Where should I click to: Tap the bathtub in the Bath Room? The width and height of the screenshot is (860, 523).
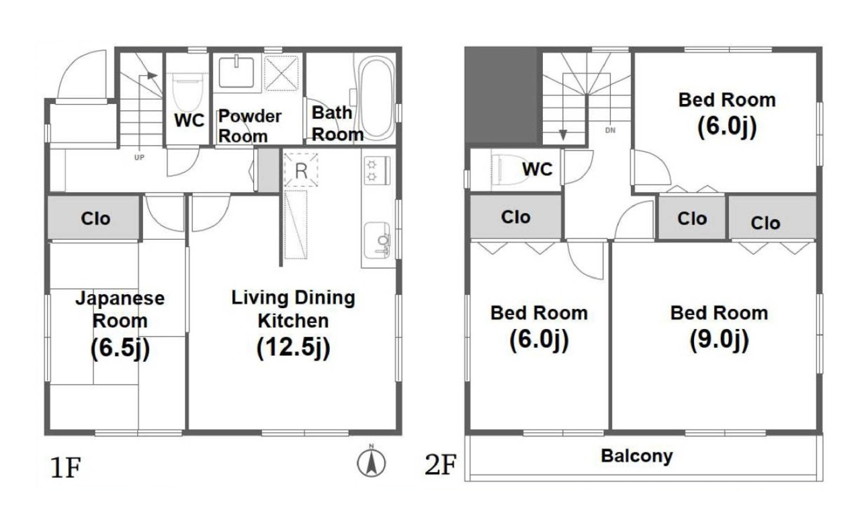coord(376,99)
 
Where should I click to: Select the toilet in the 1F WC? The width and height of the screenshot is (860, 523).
coord(187,92)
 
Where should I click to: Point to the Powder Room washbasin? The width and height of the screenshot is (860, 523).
coord(236,72)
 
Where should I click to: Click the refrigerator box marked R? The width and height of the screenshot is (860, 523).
coord(301,170)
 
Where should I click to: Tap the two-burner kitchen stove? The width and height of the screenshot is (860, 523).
coord(377,171)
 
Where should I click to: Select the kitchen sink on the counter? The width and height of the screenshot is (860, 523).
coord(377,240)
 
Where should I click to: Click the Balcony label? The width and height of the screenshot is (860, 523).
coord(636,457)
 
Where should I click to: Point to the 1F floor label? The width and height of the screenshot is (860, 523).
coord(65,467)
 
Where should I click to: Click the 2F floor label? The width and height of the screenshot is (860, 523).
coord(440,465)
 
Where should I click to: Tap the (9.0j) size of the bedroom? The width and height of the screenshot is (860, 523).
coord(719,340)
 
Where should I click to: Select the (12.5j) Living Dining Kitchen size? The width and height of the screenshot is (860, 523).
coord(294,348)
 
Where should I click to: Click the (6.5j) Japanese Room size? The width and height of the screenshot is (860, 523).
coord(120,348)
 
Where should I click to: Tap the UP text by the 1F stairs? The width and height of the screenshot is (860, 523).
coord(139,157)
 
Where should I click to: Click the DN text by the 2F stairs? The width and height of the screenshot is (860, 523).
coord(610,130)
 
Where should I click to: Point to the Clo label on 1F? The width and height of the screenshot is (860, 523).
coord(95,219)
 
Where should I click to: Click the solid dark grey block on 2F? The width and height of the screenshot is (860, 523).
coord(501,95)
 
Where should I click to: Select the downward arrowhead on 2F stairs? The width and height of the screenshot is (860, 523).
coord(563,135)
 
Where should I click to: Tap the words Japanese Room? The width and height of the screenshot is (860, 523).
coord(120,310)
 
